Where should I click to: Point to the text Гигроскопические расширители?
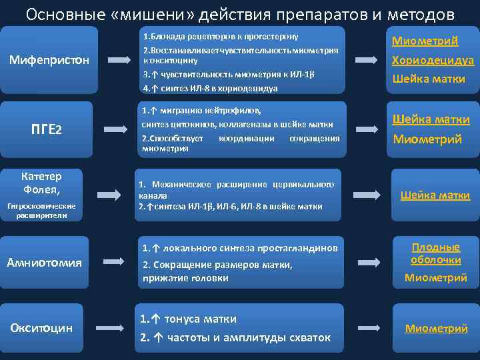tap(41, 211)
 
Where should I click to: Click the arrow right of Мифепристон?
tap(119, 61)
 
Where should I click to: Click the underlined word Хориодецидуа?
tap(433, 60)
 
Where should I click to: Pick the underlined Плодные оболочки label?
tap(435, 253)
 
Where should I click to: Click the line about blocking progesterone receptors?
tap(220, 36)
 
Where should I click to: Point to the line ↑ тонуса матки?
tap(188, 319)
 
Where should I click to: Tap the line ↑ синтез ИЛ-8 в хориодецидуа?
tap(210, 87)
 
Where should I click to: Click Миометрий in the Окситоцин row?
tap(436, 328)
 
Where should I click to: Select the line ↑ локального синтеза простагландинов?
tap(240, 248)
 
